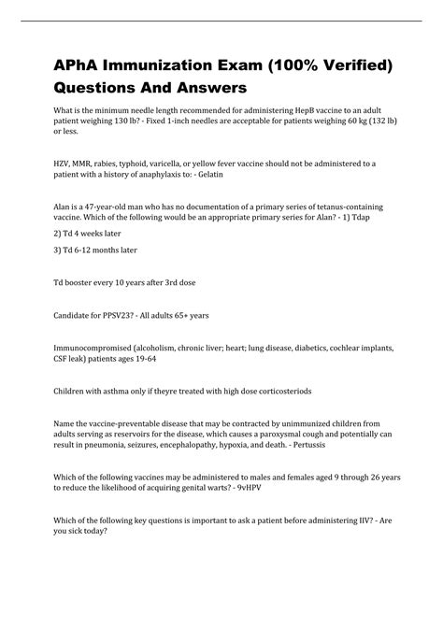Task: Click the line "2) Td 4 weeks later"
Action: click(84, 234)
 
